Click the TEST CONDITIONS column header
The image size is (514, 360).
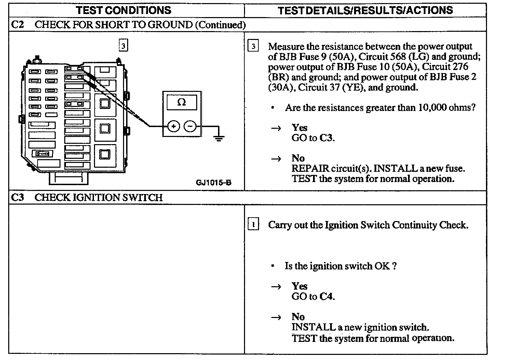click(x=124, y=10)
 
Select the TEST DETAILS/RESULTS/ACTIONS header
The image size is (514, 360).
click(x=365, y=10)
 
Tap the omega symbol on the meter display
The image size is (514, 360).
click(x=181, y=102)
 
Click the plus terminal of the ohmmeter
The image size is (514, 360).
click(x=174, y=127)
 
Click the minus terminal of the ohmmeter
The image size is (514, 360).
click(x=190, y=127)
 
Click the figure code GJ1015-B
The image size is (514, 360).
click(x=214, y=182)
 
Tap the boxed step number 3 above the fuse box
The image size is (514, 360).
click(x=123, y=45)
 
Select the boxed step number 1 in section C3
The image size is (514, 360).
click(x=253, y=225)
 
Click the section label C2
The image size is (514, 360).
click(x=18, y=25)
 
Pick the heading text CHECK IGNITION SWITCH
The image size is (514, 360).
click(x=99, y=197)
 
